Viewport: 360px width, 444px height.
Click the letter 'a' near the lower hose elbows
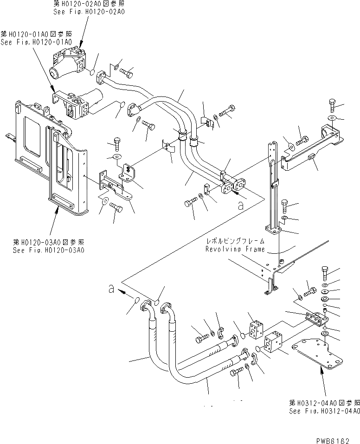[x=110, y=289]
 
